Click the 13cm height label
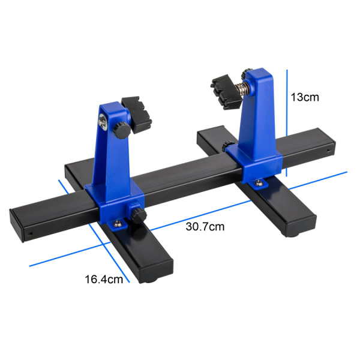pyautogui.click(x=305, y=97)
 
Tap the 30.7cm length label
pyautogui.click(x=205, y=227)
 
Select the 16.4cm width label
pyautogui.click(x=104, y=280)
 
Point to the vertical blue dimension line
pyautogui.click(x=287, y=123)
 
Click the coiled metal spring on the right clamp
pyautogui.click(x=242, y=88)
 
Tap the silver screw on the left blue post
pyautogui.click(x=103, y=122)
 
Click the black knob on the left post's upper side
pyautogui.click(x=121, y=130)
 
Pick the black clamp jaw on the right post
pyautogui.click(x=226, y=92)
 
